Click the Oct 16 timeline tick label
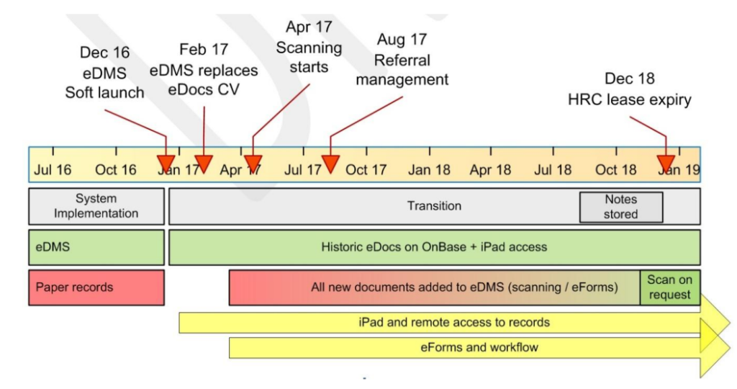[x=116, y=171]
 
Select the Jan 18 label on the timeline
[x=430, y=171]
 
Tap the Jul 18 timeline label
[x=553, y=171]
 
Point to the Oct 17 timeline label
[x=366, y=171]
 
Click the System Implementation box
[x=96, y=206]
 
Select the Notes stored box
[x=620, y=207]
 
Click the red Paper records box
[x=96, y=287]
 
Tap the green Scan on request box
[x=669, y=287]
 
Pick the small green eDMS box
[x=96, y=247]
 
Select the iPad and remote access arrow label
[x=454, y=322]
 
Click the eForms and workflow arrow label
[x=479, y=347]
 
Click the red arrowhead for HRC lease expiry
[x=666, y=163]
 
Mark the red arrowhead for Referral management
[x=330, y=164]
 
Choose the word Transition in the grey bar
[x=434, y=206]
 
